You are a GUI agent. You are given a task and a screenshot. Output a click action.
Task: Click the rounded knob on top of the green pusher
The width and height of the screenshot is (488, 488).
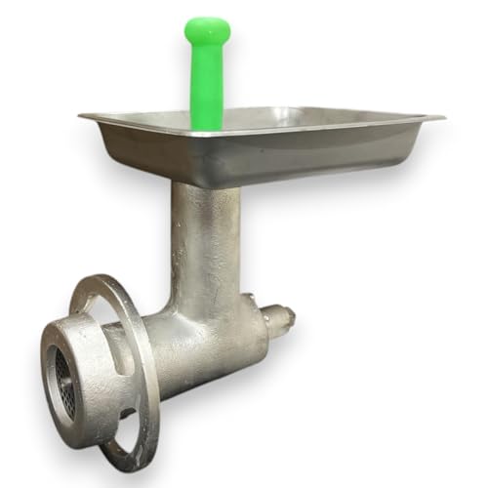[x=207, y=31]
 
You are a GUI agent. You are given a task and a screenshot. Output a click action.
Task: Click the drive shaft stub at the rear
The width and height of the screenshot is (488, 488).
[x=280, y=319]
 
